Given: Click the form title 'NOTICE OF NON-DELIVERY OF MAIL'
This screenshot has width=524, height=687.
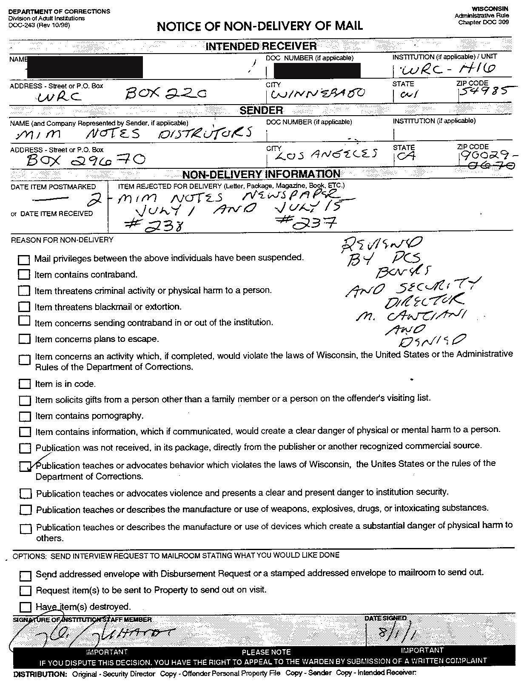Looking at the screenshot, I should point(259,26).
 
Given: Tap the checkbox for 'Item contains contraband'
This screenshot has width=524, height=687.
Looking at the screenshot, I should point(24,275).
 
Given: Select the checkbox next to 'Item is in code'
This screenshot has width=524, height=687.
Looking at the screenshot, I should point(25,384).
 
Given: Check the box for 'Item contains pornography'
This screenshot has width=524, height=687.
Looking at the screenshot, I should point(25,416).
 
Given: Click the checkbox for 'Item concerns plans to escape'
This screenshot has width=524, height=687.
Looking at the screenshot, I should point(25,339).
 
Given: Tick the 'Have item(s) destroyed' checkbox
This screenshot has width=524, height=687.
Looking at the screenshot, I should point(26,607).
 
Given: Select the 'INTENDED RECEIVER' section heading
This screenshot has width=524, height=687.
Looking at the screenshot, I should point(261,46).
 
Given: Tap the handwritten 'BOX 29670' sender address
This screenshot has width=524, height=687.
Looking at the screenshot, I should point(85,160).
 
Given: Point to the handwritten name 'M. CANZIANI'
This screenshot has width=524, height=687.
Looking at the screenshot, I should point(410,317).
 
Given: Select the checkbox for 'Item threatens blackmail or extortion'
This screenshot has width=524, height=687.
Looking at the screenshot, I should point(24,307).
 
